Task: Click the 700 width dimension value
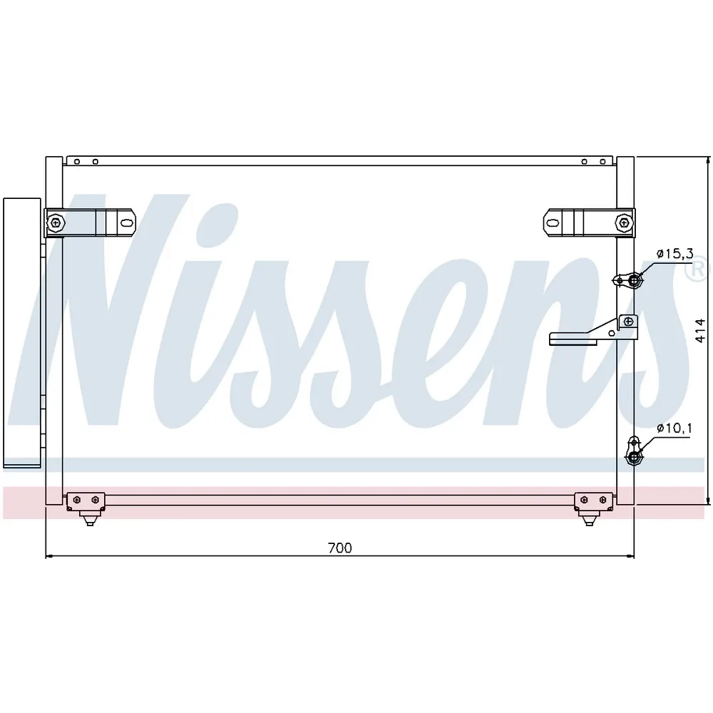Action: (x=339, y=548)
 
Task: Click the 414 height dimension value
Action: (x=700, y=331)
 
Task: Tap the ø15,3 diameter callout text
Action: (x=674, y=254)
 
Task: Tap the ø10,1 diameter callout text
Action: (x=674, y=429)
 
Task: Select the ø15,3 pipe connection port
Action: (x=635, y=281)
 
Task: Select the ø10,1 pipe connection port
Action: (x=633, y=458)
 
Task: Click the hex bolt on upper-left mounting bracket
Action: (x=56, y=222)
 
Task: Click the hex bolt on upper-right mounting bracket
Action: (x=624, y=222)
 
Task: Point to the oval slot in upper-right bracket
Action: (x=553, y=223)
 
